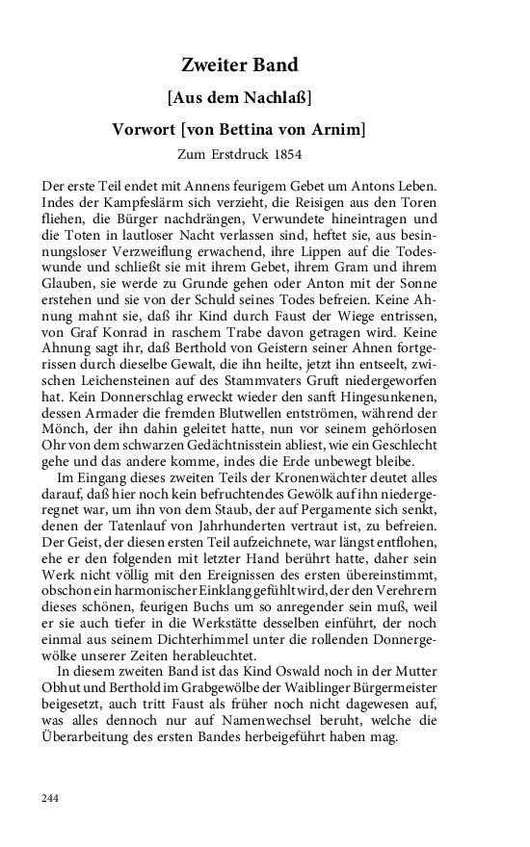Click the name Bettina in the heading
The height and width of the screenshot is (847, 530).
[264, 129]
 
